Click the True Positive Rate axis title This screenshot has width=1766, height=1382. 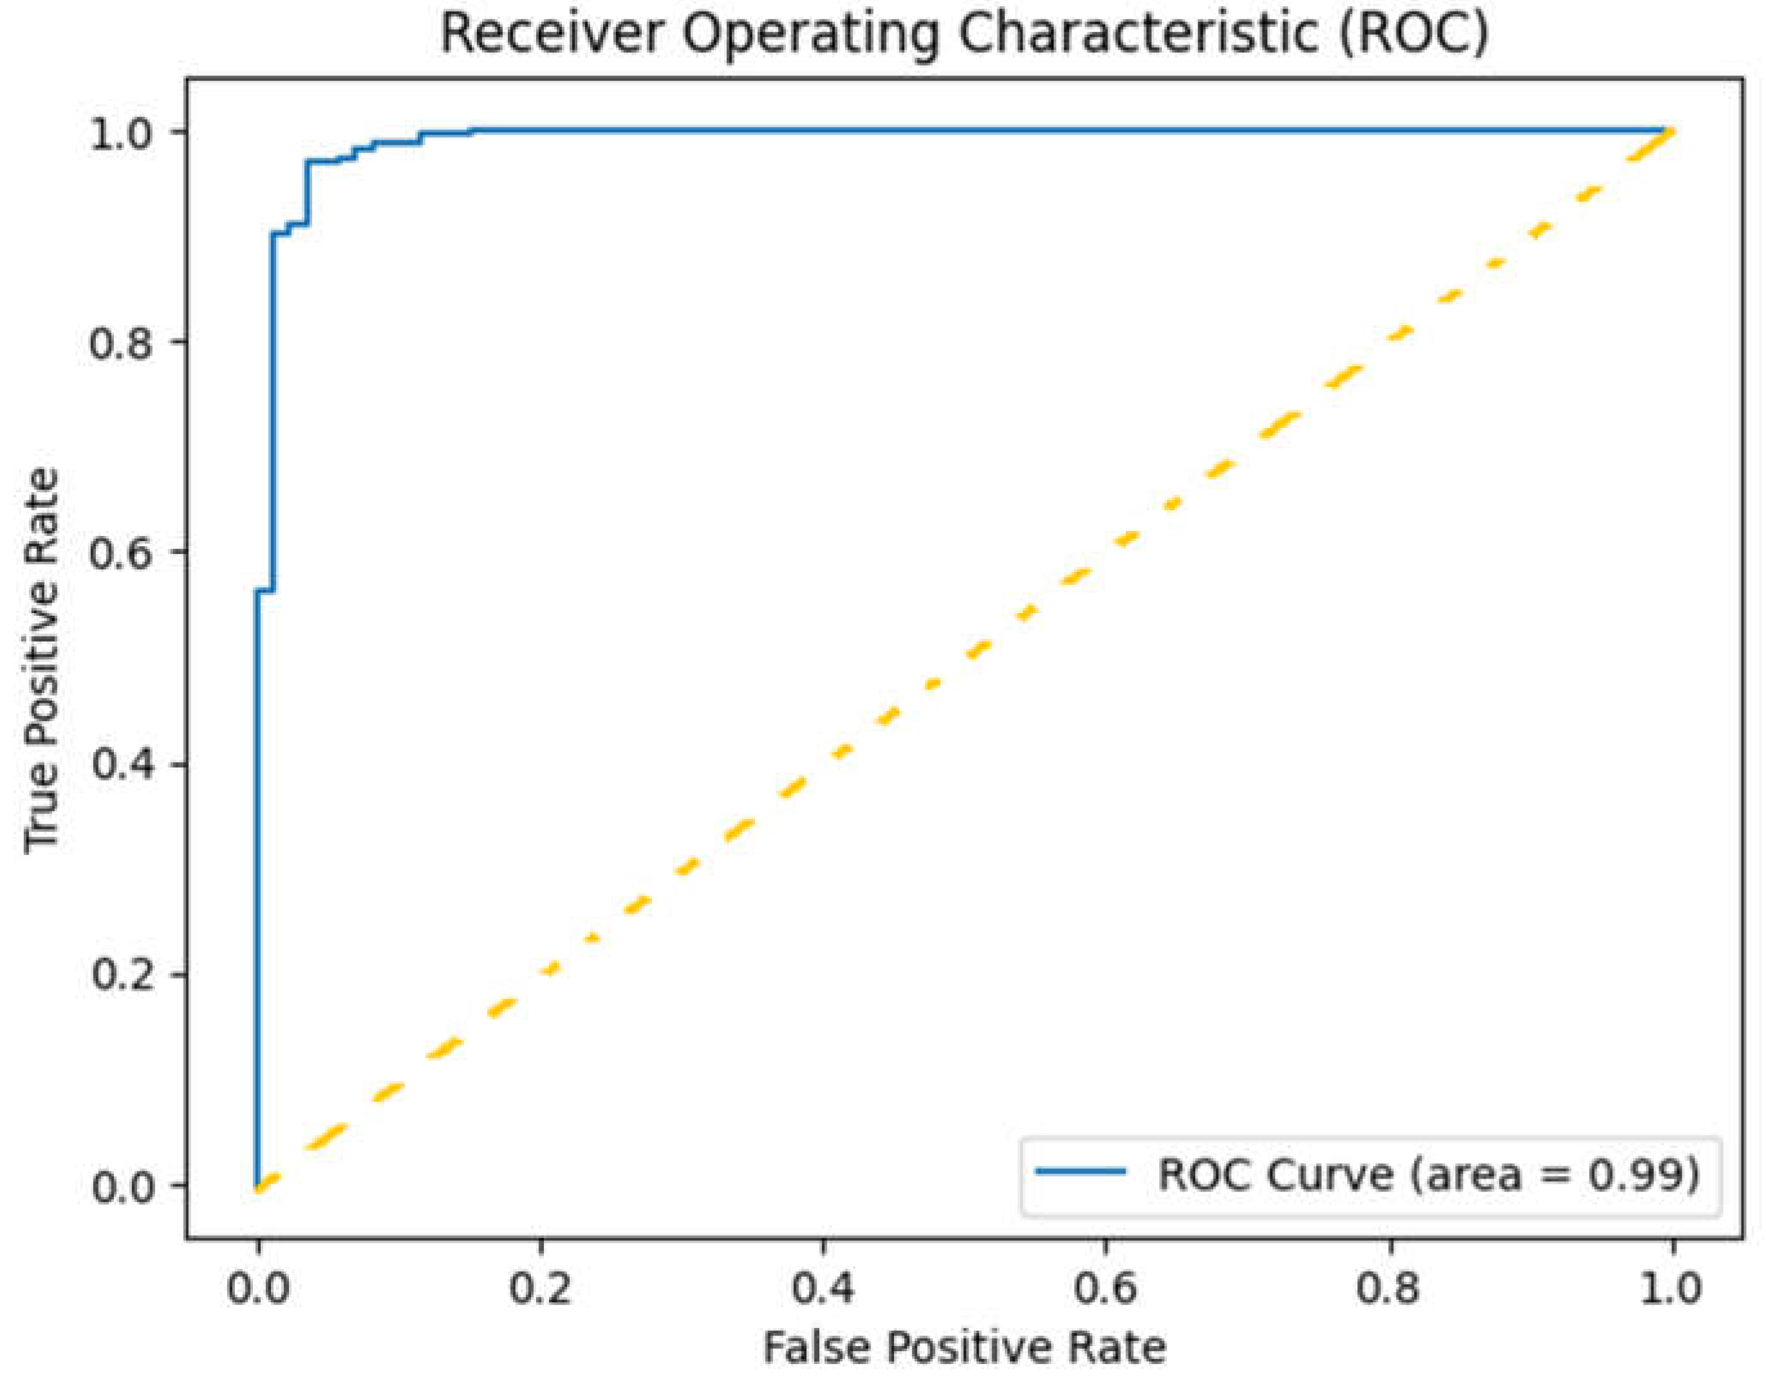(x=42, y=660)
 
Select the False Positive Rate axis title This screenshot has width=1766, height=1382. (x=965, y=1349)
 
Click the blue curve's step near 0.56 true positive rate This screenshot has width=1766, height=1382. (x=265, y=591)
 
